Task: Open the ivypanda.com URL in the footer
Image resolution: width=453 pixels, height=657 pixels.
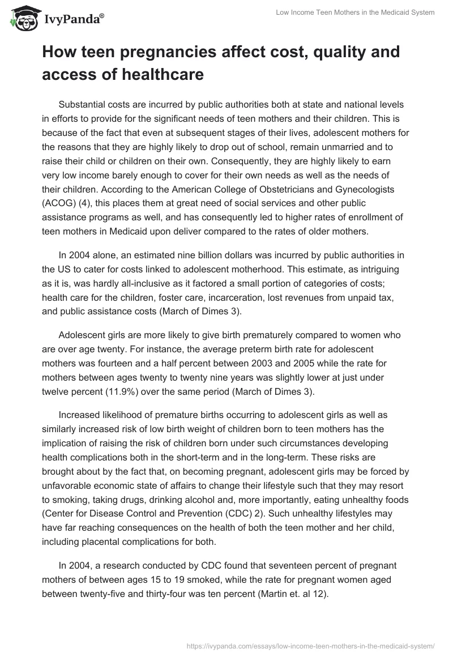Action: pyautogui.click(x=310, y=645)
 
